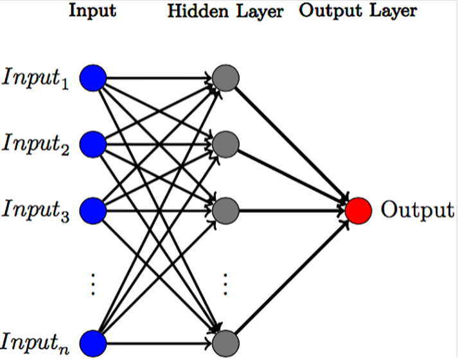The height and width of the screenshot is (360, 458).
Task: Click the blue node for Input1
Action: tap(93, 78)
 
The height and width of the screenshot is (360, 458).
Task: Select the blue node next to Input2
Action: tap(93, 144)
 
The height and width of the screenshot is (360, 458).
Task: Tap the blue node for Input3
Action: tap(93, 210)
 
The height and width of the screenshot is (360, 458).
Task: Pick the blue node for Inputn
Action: tap(93, 341)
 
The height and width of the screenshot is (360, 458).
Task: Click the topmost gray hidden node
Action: tap(225, 78)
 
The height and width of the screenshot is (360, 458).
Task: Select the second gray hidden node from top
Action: tap(225, 144)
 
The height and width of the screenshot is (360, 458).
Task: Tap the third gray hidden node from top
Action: tap(225, 210)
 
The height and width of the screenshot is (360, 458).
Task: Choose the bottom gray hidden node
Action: tap(225, 341)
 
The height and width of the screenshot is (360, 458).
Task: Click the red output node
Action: tap(358, 210)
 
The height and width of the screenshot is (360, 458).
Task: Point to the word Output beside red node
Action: tap(418, 210)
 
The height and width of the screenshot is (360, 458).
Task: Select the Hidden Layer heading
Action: tap(225, 12)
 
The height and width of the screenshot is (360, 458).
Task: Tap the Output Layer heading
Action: tap(357, 12)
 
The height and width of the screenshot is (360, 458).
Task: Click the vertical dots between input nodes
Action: tap(93, 283)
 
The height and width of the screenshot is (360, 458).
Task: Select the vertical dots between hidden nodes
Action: tap(225, 283)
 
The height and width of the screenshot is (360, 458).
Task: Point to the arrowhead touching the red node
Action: tap(341, 210)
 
